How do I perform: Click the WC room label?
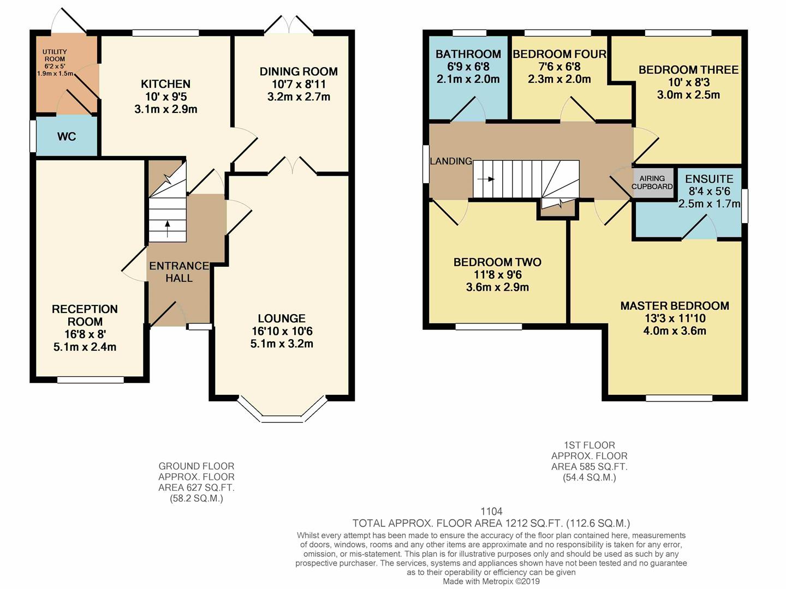tap(67, 136)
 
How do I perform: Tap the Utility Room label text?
tap(55, 56)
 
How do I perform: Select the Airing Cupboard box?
tap(652, 182)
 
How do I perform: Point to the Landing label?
tap(451, 161)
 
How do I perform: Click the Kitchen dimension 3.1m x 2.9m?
tap(166, 109)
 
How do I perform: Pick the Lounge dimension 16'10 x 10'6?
tap(282, 331)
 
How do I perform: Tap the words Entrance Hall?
tap(179, 272)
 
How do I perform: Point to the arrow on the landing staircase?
tap(486, 179)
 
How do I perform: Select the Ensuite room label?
tap(709, 179)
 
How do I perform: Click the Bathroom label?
tap(468, 54)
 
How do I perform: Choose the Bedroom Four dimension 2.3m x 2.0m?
tap(559, 79)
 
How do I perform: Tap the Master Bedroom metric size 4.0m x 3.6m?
tap(675, 330)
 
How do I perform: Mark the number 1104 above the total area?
tap(491, 512)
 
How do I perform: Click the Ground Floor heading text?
tap(196, 466)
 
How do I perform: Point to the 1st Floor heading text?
tap(589, 445)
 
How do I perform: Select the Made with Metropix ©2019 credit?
tap(491, 581)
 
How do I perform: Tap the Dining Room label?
tap(299, 71)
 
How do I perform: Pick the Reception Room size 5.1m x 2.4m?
tap(85, 347)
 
